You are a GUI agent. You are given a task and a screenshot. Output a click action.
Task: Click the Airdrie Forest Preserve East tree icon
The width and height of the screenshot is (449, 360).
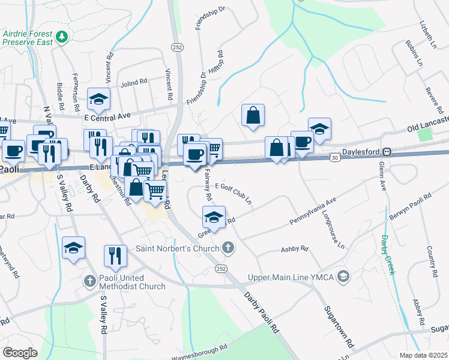61,38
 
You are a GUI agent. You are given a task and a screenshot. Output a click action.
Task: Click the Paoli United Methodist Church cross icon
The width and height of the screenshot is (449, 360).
89,280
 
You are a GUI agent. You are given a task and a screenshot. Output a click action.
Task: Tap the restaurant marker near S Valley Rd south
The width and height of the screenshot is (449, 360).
115,255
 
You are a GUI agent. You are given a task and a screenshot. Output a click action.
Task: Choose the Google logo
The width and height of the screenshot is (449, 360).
20,353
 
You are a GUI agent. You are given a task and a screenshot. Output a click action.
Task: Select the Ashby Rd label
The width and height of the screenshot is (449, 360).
294,248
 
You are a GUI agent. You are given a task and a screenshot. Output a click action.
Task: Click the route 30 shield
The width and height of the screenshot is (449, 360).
334,157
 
